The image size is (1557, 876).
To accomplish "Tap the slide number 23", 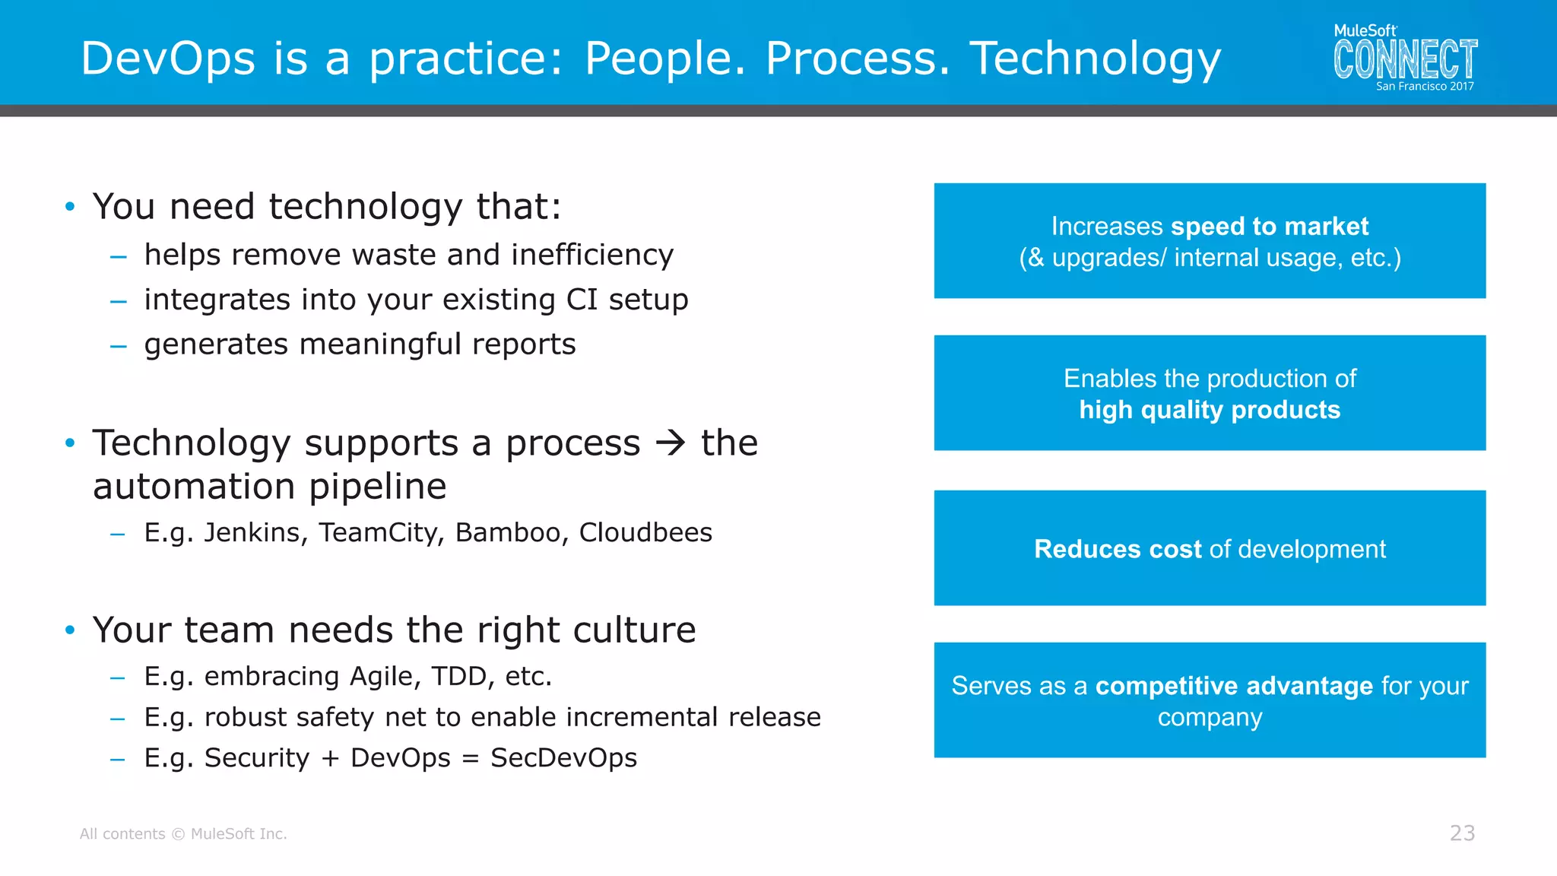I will point(1462,833).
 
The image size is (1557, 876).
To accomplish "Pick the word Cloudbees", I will point(645,533).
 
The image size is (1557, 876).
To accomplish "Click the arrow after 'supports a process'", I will point(671,443).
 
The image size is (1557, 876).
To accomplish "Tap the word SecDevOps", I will point(563,758).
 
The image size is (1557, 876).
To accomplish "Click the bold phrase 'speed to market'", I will point(1270,227).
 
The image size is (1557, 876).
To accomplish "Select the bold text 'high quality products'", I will point(1210,411).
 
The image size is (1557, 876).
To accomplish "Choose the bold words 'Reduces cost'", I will point(1118,549).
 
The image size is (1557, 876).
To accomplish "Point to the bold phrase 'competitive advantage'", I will point(1234,686).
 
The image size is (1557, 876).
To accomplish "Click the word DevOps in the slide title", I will point(168,59).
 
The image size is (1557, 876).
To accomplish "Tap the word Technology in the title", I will point(1095,59).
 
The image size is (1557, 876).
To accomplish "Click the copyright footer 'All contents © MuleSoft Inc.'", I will point(183,834).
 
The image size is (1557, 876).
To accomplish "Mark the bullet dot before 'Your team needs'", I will point(70,630).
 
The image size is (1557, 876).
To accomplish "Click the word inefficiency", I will point(592,255).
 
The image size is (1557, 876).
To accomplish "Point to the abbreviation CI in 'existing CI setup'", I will point(582,300).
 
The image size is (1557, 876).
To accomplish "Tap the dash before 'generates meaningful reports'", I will point(118,347).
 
